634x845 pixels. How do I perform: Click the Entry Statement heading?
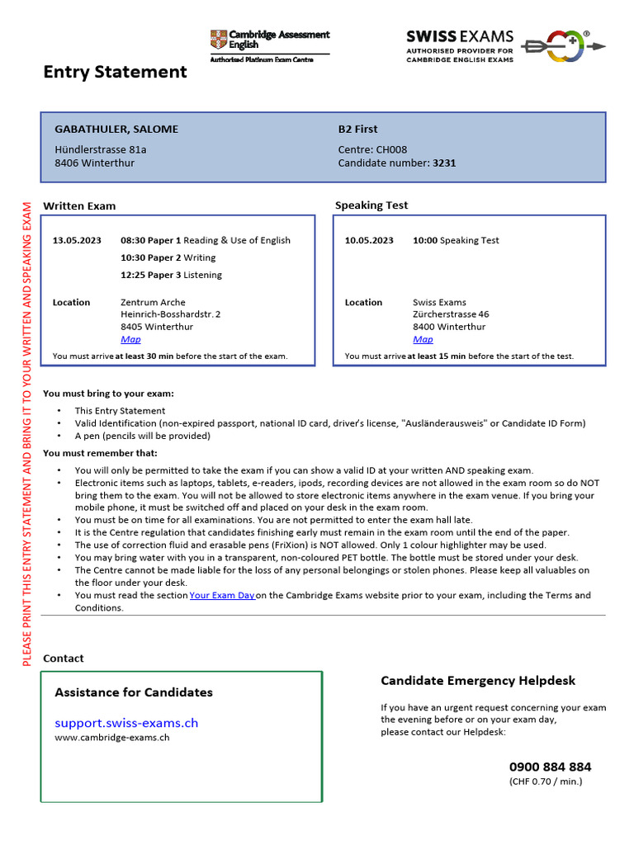(115, 72)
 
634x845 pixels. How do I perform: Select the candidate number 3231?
(444, 163)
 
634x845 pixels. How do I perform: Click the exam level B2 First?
(357, 129)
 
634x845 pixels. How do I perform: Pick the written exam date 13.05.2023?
(77, 240)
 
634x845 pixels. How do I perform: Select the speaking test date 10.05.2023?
(369, 240)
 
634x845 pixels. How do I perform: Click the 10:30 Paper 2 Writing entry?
(168, 257)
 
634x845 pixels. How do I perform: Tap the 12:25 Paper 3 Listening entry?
(171, 275)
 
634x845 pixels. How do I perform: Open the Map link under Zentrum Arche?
(130, 339)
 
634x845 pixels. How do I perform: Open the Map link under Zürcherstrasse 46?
(423, 339)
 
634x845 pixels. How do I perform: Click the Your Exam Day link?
(221, 595)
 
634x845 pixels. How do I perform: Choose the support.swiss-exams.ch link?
(126, 723)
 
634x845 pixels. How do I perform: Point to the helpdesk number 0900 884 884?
(550, 767)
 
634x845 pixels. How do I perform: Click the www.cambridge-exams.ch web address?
(112, 738)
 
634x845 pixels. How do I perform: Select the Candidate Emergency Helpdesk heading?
(478, 681)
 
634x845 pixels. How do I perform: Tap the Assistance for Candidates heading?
(134, 692)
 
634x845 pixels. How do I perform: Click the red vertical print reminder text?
(26, 433)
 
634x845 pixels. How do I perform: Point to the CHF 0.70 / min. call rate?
(546, 781)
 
